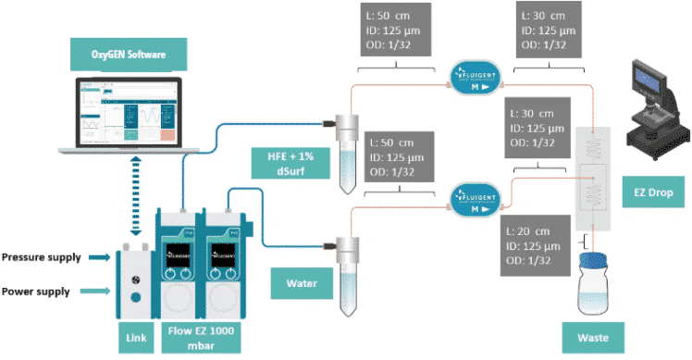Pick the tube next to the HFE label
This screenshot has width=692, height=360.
pyautogui.click(x=345, y=153)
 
